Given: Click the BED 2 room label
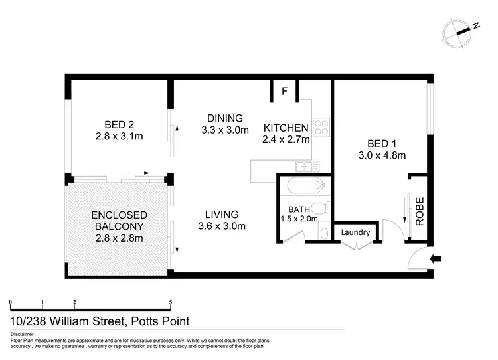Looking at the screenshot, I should click(x=120, y=124).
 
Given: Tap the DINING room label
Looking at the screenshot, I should click(x=224, y=118).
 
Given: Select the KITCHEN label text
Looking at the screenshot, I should click(x=286, y=128).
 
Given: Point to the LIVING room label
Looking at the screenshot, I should click(x=222, y=214).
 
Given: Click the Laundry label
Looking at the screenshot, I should click(x=355, y=232).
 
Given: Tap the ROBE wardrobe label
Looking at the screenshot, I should click(x=420, y=212).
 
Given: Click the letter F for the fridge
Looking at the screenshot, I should click(x=284, y=92).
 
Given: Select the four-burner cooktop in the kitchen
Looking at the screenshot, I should click(x=321, y=127).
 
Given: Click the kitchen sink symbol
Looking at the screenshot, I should click(x=307, y=167).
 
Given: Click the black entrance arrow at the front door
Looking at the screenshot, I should click(x=436, y=258).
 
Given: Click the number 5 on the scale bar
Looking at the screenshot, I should click(x=171, y=302).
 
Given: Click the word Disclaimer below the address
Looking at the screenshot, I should click(x=23, y=334).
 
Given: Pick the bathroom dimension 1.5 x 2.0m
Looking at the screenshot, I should click(x=299, y=218).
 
